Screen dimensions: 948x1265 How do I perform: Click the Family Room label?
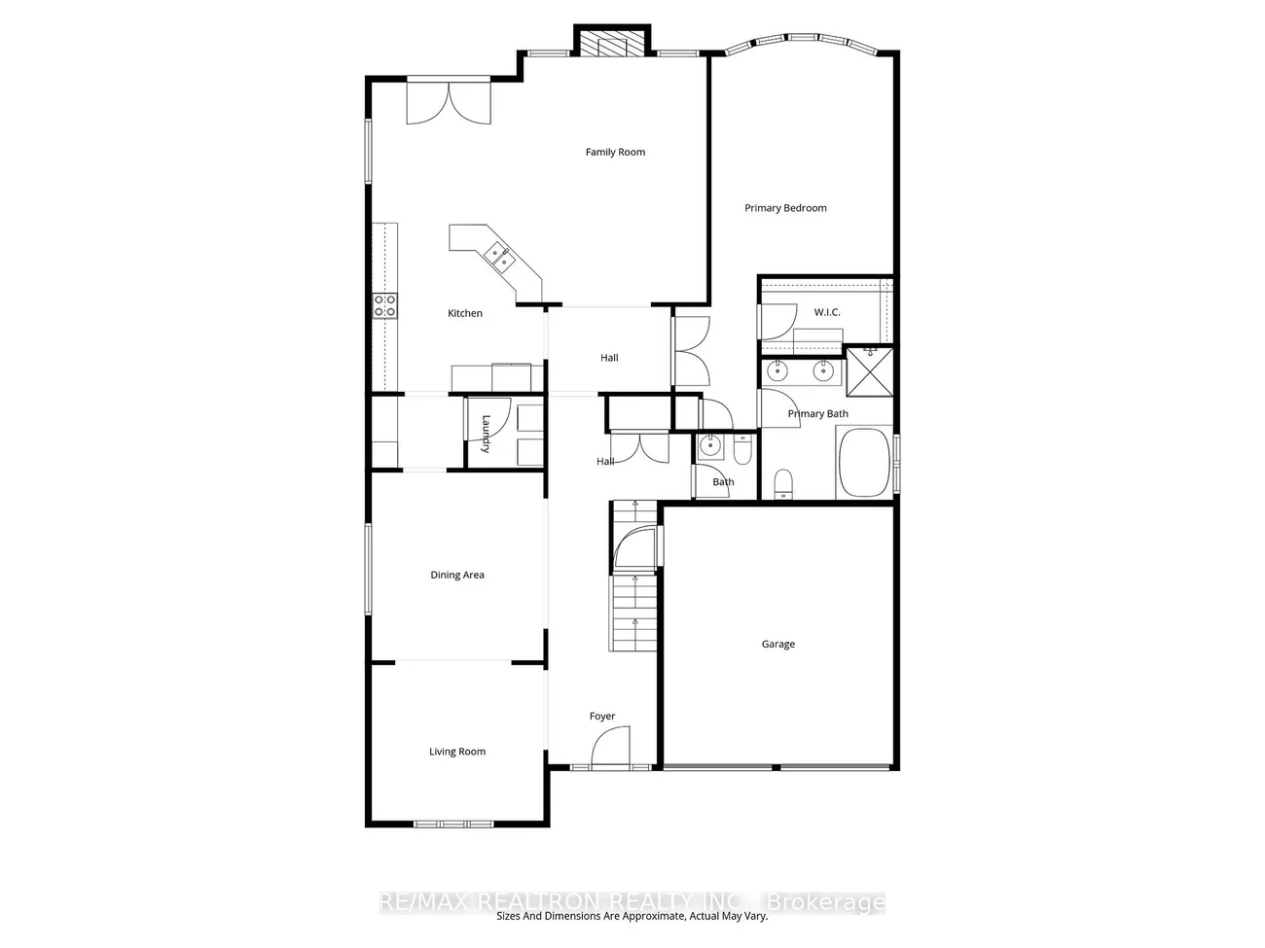(615, 152)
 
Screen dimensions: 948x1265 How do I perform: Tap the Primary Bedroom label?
(785, 208)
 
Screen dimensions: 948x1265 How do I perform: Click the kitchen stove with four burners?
(385, 306)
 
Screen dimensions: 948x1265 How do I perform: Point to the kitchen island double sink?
(500, 258)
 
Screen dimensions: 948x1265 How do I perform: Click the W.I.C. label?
(827, 312)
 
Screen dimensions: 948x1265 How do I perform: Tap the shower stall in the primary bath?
(869, 371)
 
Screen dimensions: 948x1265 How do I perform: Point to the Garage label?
(778, 644)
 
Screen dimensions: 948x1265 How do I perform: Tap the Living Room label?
(457, 752)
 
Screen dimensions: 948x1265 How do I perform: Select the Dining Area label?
(457, 575)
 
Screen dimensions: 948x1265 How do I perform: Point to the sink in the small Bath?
(710, 446)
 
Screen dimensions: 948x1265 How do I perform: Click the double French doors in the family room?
(449, 102)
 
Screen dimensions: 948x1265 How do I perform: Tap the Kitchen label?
(465, 313)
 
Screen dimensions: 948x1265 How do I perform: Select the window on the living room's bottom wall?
(453, 825)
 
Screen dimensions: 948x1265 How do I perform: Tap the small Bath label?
(723, 482)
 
